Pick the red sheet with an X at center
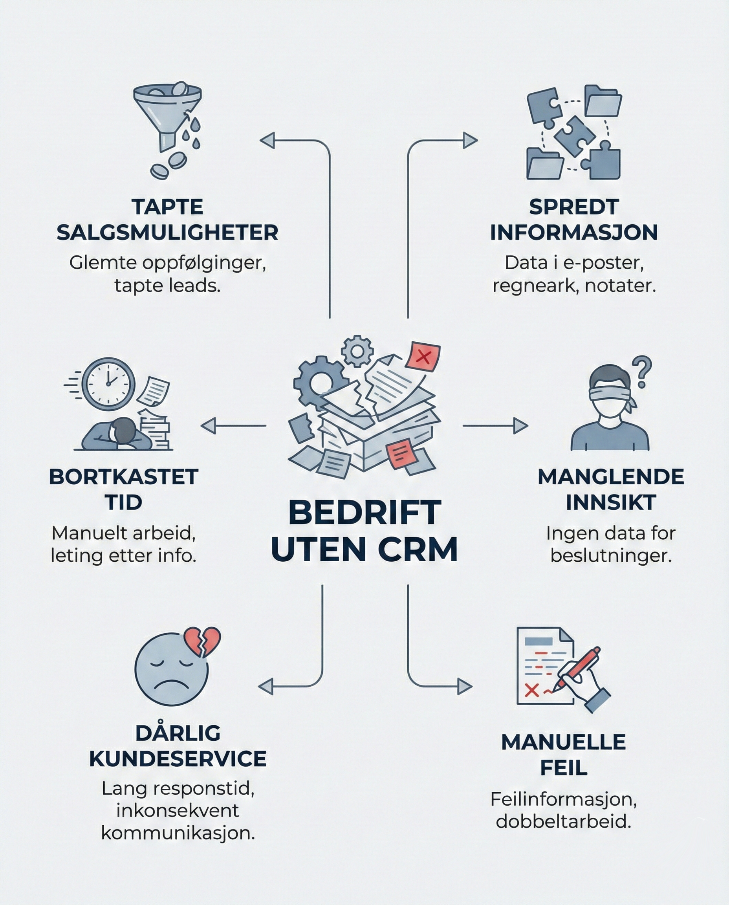[x=423, y=357]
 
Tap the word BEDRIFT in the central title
[x=364, y=513]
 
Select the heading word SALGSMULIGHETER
[x=168, y=233]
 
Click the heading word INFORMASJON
[x=573, y=233]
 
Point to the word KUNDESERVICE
[x=178, y=759]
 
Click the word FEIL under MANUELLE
[x=564, y=768]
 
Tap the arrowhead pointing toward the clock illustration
[x=209, y=425]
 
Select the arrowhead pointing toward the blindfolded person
[x=520, y=425]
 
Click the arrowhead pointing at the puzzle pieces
[x=470, y=140]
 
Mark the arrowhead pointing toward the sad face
[x=266, y=687]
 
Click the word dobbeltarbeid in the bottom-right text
[x=564, y=821]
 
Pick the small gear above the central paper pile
[x=357, y=351]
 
